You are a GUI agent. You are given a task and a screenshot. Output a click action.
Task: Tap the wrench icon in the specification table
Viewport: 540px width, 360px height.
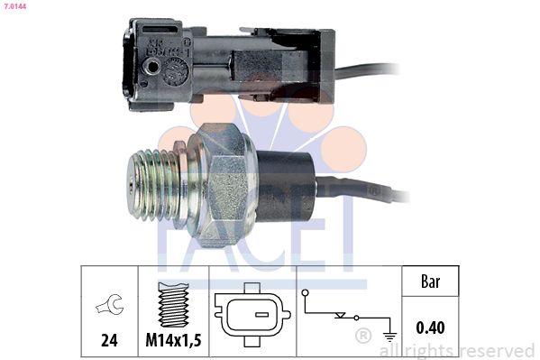click(109, 306)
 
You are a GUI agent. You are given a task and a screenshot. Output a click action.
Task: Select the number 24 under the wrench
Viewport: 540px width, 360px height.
click(109, 342)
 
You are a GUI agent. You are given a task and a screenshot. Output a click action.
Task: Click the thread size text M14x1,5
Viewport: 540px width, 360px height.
click(173, 342)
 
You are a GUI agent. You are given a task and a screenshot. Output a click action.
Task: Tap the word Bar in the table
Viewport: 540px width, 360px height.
click(430, 282)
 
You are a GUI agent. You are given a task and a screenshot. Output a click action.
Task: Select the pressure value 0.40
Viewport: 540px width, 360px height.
click(430, 326)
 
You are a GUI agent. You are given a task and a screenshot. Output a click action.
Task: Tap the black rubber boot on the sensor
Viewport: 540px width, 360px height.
click(287, 186)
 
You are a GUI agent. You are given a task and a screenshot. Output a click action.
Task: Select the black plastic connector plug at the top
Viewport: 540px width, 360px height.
click(225, 64)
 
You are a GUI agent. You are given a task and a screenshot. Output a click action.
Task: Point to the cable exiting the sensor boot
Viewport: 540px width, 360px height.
click(370, 191)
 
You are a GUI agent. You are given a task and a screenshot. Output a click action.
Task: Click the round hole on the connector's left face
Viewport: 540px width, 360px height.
click(154, 66)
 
